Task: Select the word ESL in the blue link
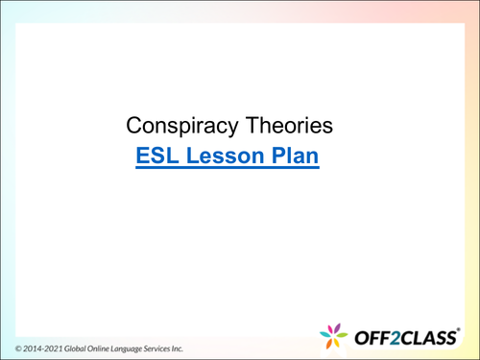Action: click(158, 156)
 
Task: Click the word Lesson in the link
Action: click(226, 156)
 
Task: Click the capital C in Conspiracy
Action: click(135, 126)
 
